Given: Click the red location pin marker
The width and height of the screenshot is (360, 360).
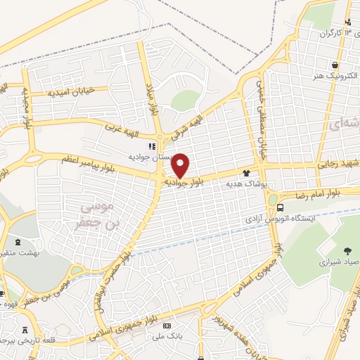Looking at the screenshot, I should tap(180, 164).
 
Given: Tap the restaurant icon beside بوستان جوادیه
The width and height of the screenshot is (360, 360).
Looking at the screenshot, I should tap(149, 147).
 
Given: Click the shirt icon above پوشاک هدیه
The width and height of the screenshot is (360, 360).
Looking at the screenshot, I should tap(246, 172).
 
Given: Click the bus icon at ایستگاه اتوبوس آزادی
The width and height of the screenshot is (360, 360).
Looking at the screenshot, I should tap(281, 207).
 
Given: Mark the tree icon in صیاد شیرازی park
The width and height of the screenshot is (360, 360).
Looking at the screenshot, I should tap(347, 250).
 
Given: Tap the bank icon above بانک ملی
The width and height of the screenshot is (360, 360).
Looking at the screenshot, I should tap(167, 327).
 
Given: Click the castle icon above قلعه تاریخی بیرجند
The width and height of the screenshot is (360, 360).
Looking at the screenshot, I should tap(26, 330).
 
